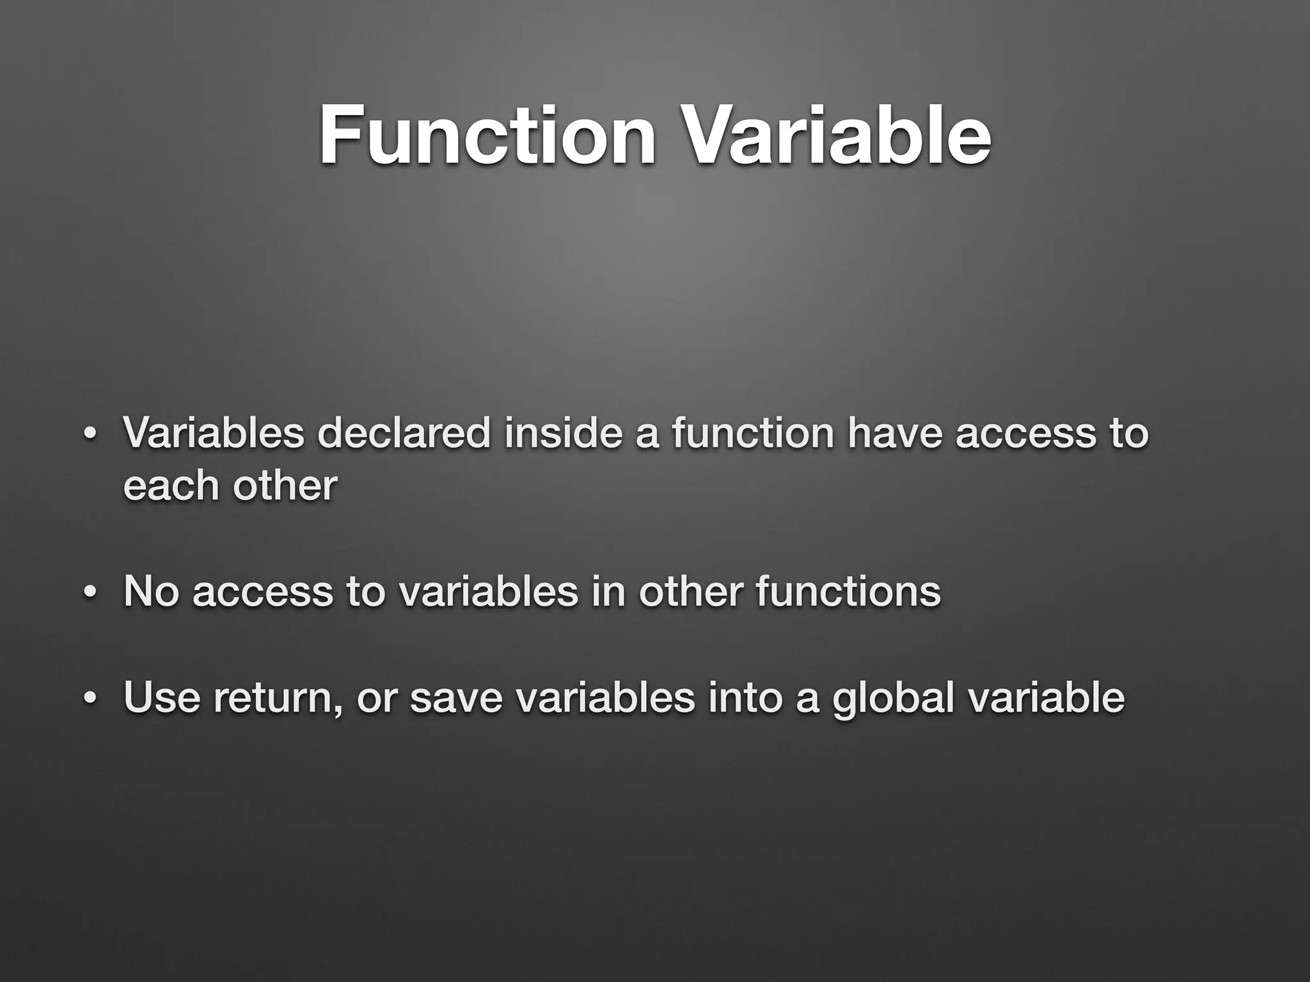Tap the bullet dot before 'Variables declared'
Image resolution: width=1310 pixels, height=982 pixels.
click(x=90, y=434)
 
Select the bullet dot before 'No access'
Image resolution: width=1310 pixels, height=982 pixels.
click(x=90, y=593)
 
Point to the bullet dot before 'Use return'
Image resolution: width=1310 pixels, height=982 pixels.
click(x=90, y=698)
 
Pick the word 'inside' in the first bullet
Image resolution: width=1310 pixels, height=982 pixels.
click(x=563, y=433)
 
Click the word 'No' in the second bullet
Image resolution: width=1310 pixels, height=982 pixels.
click(x=151, y=591)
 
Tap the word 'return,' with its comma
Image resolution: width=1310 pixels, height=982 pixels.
click(x=278, y=698)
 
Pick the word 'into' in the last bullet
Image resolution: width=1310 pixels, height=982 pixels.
click(x=745, y=697)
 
